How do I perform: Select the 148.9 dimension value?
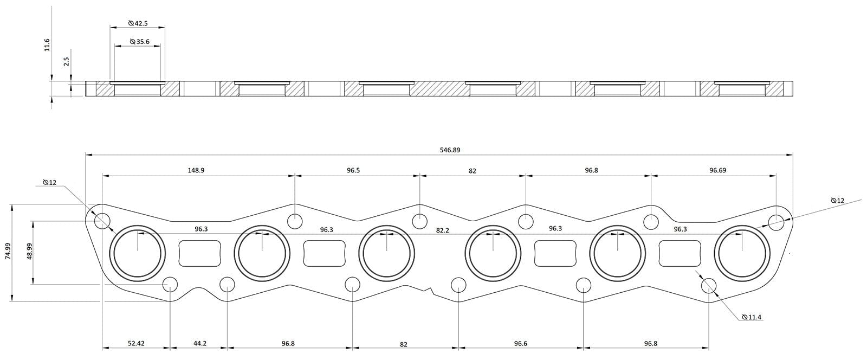[196, 170]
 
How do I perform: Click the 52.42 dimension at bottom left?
[136, 344]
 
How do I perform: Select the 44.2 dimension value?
[199, 344]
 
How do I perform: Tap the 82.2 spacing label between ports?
[443, 230]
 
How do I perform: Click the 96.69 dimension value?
[717, 170]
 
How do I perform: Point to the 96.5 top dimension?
[353, 170]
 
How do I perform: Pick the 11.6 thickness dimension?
[47, 44]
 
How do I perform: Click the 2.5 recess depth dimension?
[66, 62]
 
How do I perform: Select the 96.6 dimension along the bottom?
[520, 344]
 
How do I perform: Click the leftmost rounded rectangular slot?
[200, 254]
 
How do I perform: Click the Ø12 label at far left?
[49, 183]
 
